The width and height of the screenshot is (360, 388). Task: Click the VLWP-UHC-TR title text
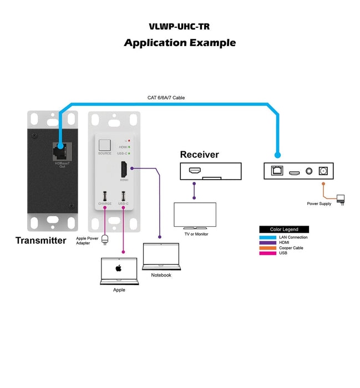coord(179,26)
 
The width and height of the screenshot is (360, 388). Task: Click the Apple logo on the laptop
coord(118,268)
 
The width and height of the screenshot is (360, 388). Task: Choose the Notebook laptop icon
coord(161,255)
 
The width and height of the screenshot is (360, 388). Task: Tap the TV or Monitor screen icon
coord(195,215)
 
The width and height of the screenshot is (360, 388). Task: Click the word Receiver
coord(199,155)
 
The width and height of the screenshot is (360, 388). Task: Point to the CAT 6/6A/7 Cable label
coord(166,98)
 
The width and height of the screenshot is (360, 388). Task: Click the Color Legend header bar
coord(283,229)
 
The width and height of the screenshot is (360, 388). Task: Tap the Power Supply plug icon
coord(341,198)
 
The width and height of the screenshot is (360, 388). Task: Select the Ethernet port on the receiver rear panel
coord(275,171)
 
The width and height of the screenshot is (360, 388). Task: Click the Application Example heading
coord(179,43)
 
